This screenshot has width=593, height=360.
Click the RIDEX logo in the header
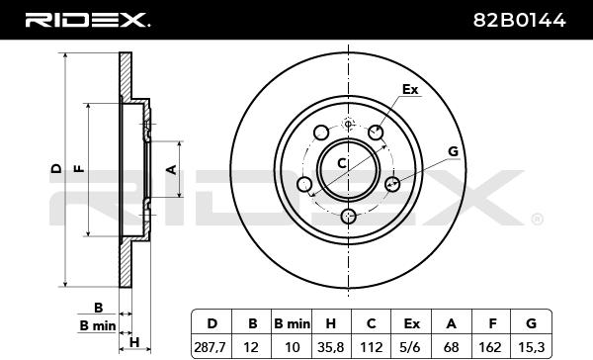[x=87, y=20]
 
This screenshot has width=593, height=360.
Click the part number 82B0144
[x=519, y=20]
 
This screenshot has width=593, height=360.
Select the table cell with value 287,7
[x=210, y=347]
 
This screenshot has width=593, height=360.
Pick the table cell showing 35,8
[x=330, y=347]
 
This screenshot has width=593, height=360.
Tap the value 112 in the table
[x=371, y=347]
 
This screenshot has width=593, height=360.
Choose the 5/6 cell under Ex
[x=411, y=347]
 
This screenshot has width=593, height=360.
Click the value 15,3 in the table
[x=532, y=347]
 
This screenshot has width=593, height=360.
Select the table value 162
[x=490, y=347]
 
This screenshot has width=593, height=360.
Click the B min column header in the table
[x=292, y=323]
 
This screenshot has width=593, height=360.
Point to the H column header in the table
[x=330, y=323]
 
